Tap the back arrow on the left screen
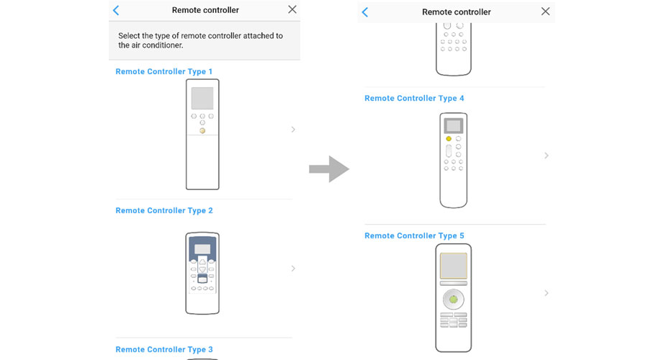(x=116, y=10)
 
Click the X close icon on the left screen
(x=292, y=10)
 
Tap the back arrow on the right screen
(x=365, y=12)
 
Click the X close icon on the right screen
(x=545, y=12)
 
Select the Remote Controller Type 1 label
(x=163, y=72)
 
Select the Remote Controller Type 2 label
(x=163, y=211)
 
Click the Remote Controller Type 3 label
(x=163, y=350)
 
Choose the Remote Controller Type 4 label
(x=414, y=99)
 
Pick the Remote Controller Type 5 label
(x=414, y=236)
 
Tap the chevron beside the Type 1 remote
(x=293, y=130)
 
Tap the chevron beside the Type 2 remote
(x=293, y=269)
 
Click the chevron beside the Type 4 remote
(x=547, y=156)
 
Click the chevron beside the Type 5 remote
(x=547, y=293)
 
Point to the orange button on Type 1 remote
(x=202, y=131)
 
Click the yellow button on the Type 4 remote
(x=449, y=139)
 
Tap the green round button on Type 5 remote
(x=453, y=300)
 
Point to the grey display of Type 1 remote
(x=202, y=99)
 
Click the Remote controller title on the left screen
(x=205, y=10)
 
